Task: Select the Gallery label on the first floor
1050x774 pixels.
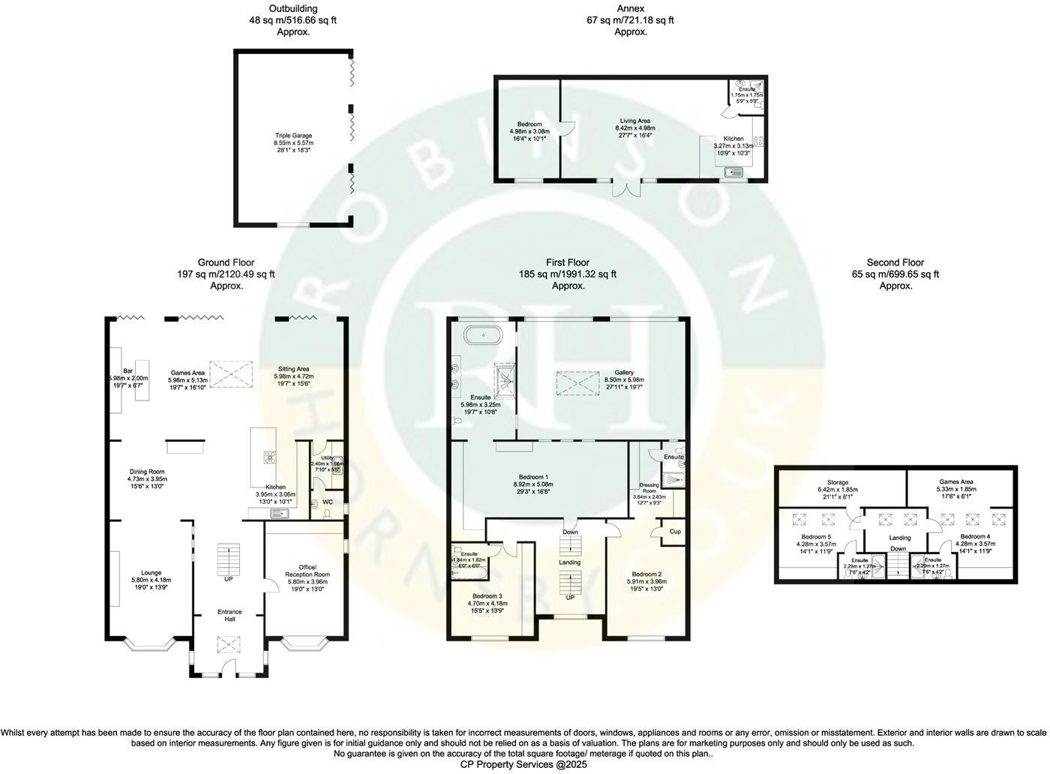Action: click(624, 373)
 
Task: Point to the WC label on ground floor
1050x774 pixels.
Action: click(328, 502)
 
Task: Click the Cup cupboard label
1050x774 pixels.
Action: click(675, 532)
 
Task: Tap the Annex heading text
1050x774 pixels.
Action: click(630, 9)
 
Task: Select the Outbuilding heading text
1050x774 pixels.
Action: click(293, 9)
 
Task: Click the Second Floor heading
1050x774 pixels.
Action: click(895, 262)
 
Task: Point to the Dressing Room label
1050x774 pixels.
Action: click(649, 488)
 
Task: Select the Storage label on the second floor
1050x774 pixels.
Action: click(838, 482)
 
